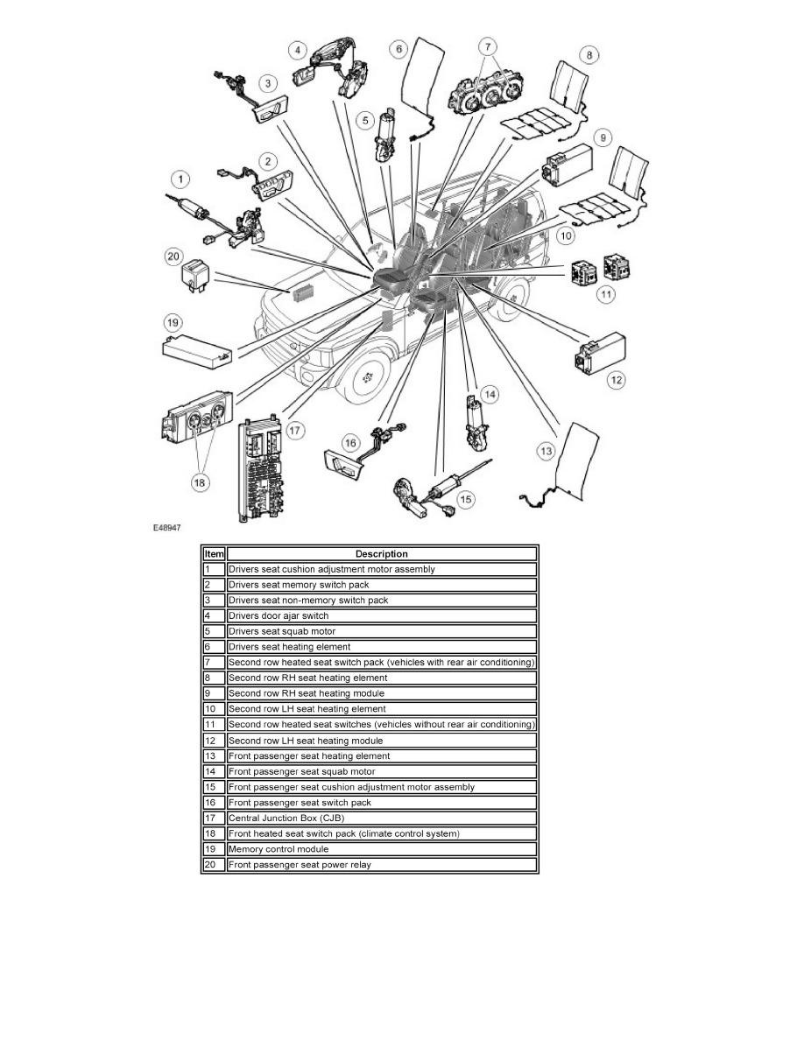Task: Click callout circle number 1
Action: (180, 180)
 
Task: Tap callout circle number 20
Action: (173, 256)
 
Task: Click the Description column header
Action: (381, 553)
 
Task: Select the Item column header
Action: (214, 553)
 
